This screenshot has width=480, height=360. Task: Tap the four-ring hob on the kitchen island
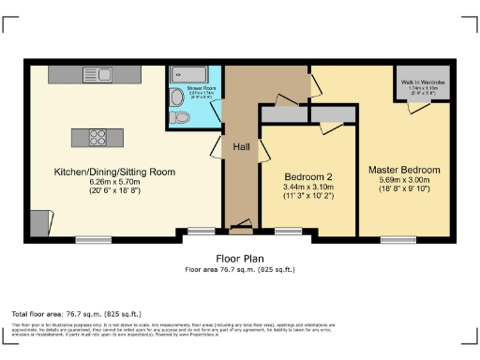[97, 138]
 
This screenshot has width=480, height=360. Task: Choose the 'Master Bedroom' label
[404, 171]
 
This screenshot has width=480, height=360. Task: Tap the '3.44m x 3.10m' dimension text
[308, 187]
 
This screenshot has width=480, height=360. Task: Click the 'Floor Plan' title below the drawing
[240, 258]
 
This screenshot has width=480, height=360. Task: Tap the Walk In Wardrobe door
[413, 109]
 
